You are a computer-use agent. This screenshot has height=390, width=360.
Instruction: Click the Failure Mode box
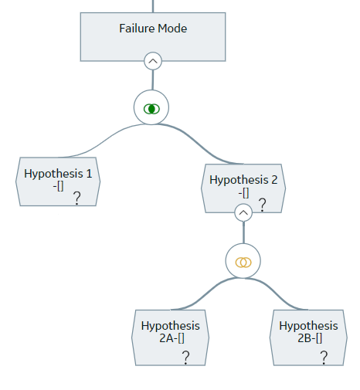click(x=153, y=37)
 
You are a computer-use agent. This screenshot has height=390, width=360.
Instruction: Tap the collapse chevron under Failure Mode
click(x=153, y=61)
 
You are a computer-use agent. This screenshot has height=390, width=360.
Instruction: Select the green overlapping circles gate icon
click(x=151, y=109)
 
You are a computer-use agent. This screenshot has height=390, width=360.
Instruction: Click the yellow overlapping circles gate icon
click(x=243, y=263)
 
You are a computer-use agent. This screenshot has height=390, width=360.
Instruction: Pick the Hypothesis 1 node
click(x=58, y=181)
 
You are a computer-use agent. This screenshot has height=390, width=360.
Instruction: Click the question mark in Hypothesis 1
click(x=77, y=198)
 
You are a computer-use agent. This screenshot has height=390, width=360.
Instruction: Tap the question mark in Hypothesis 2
click(x=262, y=205)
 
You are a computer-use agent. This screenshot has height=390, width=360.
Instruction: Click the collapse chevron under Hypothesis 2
click(x=243, y=212)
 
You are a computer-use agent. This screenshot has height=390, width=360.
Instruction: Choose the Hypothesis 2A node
click(x=170, y=337)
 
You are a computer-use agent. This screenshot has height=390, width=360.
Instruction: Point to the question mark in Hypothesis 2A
click(x=185, y=358)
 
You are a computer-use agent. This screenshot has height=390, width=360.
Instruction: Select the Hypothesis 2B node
click(x=308, y=337)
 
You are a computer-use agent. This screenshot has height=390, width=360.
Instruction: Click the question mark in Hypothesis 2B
click(x=324, y=358)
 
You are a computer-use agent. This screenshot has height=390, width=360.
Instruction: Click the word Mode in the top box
click(x=172, y=29)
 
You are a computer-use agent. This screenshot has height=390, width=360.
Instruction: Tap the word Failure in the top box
click(x=137, y=29)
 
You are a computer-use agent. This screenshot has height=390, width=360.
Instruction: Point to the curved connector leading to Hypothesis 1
click(x=102, y=141)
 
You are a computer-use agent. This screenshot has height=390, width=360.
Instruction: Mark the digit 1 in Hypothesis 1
click(x=89, y=174)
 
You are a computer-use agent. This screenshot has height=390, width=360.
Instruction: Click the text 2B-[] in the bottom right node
click(x=310, y=338)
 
